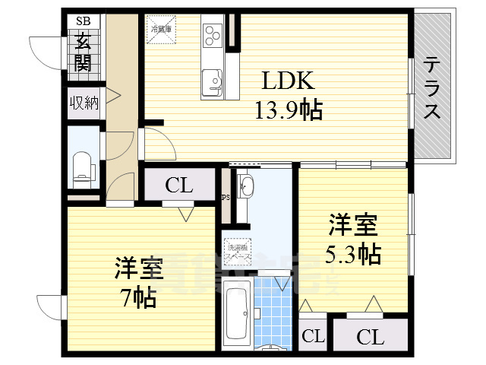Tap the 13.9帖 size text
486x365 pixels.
pos(288,111)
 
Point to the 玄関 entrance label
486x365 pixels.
pos(83,51)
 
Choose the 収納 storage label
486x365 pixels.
pos(84,103)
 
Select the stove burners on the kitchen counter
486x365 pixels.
pos(212,33)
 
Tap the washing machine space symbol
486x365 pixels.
pos(239,251)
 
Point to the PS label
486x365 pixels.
pos(225,198)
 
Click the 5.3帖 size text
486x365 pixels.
pos(354,253)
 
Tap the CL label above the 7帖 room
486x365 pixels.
pos(179,185)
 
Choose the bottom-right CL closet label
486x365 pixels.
pos(370,336)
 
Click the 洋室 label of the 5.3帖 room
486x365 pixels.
pos(353,225)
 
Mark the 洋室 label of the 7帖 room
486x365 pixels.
pos(140,268)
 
